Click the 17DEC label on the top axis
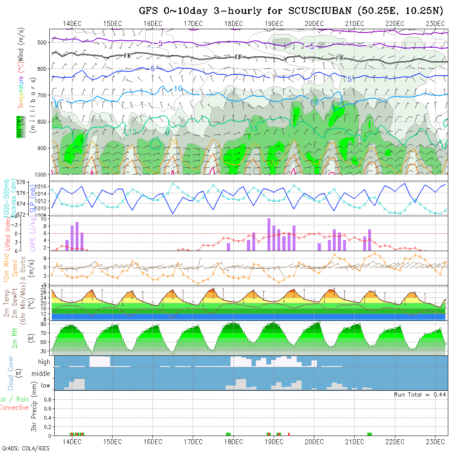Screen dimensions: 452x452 193,23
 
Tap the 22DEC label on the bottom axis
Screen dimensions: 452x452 395,442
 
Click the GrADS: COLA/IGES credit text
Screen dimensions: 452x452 25,448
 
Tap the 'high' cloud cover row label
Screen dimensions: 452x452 44,362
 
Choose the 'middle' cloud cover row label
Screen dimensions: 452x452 41,374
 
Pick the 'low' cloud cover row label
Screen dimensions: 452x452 45,385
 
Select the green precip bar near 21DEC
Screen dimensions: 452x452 369,434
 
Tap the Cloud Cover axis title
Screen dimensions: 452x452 11,373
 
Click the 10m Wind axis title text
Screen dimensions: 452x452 7,268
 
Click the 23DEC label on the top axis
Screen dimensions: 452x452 436,23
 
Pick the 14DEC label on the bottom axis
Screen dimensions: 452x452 72,442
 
